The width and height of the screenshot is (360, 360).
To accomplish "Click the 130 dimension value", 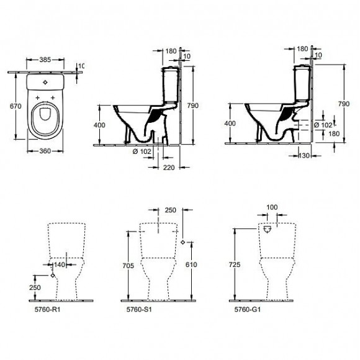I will [x=304, y=155].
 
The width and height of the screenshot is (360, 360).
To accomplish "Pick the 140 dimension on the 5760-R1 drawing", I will [x=59, y=264].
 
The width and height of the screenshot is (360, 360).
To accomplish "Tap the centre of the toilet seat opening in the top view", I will [x=43, y=116].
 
